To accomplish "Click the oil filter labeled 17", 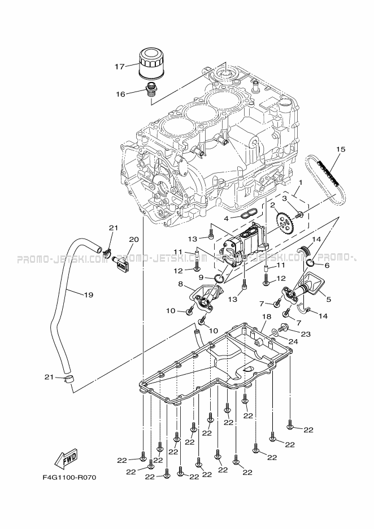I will (x=151, y=62).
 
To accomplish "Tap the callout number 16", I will (x=120, y=94).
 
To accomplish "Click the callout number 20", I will (x=133, y=239).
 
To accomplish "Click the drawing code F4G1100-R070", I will (x=69, y=478).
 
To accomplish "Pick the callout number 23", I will (x=306, y=333).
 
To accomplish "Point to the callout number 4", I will (x=226, y=218).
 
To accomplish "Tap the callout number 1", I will (x=301, y=183).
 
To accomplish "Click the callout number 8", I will (x=180, y=284).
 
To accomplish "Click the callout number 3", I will (x=284, y=198).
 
